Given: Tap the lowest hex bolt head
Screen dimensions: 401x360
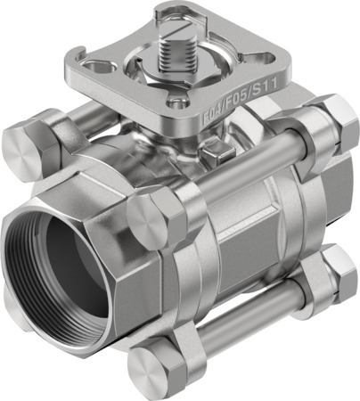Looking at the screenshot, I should pos(151,367).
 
